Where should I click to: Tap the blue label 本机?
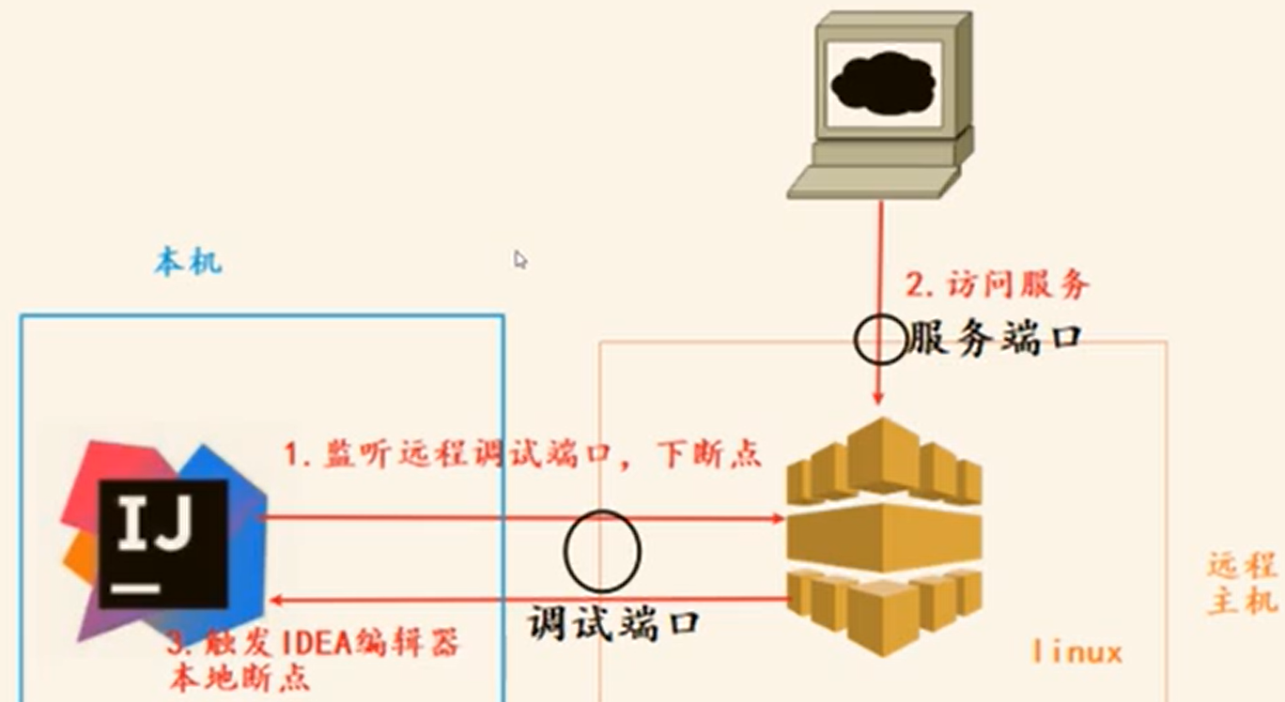pyautogui.click(x=188, y=262)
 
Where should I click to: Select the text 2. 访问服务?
pyautogui.click(x=996, y=283)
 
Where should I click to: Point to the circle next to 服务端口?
pyautogui.click(x=880, y=339)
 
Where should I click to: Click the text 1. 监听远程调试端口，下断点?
pyautogui.click(x=522, y=455)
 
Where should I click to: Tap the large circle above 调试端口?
pyautogui.click(x=602, y=551)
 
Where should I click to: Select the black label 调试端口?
pyautogui.click(x=612, y=621)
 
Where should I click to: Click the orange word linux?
pyautogui.click(x=1076, y=651)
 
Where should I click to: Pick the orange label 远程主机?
pyautogui.click(x=1242, y=584)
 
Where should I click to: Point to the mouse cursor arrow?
pyautogui.click(x=519, y=258)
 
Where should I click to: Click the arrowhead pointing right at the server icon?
pyautogui.click(x=777, y=518)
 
